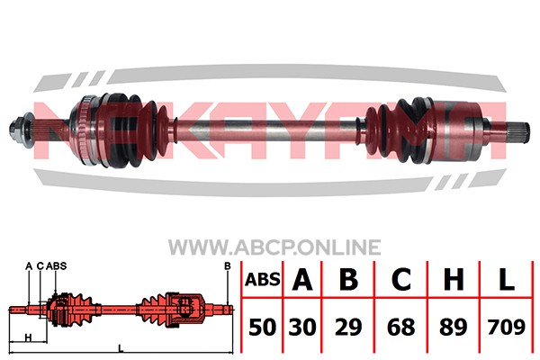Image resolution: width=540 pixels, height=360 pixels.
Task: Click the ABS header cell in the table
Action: point(263,279)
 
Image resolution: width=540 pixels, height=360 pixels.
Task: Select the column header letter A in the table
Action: point(302,279)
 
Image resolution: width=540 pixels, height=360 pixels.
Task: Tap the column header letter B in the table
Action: point(348,279)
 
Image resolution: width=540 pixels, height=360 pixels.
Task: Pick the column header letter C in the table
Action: point(400,279)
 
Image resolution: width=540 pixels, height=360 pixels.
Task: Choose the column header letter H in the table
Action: point(454,279)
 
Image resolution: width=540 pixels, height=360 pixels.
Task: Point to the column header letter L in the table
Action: point(506,279)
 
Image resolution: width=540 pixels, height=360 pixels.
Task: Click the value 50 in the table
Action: point(263,327)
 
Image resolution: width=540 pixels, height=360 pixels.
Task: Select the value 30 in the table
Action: point(302,327)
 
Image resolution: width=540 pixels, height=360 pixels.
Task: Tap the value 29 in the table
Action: point(348,327)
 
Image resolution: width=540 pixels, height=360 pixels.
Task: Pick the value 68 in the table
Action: point(400,327)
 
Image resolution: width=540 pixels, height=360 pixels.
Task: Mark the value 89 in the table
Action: point(454,327)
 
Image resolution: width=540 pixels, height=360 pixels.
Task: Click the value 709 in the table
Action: point(506,327)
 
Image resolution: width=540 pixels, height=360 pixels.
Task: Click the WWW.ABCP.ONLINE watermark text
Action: point(274,247)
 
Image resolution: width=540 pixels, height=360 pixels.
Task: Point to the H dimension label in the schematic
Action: point(29,337)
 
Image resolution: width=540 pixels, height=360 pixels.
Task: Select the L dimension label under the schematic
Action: point(121,348)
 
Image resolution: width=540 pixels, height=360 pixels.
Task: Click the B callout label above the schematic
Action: point(228,266)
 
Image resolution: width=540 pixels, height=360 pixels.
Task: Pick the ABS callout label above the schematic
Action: point(56,266)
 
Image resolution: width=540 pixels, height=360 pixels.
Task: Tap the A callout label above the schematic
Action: point(29,266)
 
